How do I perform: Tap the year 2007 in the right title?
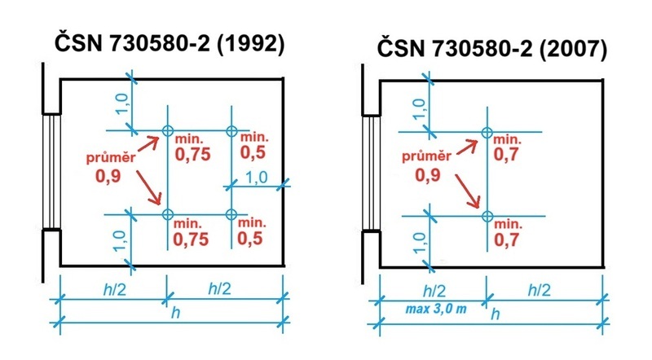pos(573,50)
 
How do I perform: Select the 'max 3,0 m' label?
pos(436,309)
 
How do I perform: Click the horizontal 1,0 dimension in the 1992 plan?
pos(257,178)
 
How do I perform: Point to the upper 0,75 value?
pos(192,154)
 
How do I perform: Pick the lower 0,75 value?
pos(191,239)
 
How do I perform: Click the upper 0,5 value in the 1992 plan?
pos(253,152)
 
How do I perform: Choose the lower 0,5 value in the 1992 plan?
pos(250,238)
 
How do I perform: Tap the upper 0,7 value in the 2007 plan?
pos(506,154)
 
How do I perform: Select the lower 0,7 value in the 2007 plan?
pos(506,239)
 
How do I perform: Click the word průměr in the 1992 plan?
pos(111,157)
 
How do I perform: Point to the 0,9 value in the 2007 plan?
pos(427,174)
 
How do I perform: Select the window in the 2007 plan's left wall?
pos(371,172)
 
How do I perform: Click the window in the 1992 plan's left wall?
pos(51,171)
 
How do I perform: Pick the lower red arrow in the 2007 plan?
pos(468,191)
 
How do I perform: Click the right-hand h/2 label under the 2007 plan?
pos(539,290)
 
